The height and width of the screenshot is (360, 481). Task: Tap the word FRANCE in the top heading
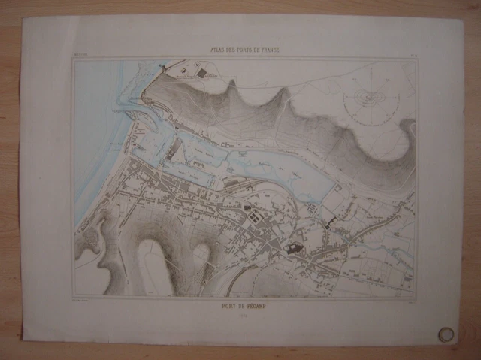pyautogui.click(x=267, y=50)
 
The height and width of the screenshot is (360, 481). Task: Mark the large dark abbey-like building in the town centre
pyautogui.click(x=292, y=244)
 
